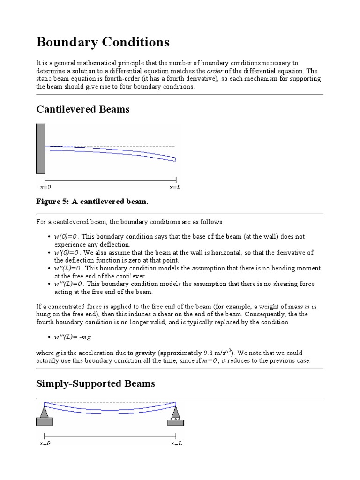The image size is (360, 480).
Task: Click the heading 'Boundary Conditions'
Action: pyautogui.click(x=103, y=43)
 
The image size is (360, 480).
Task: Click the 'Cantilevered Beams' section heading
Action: pyautogui.click(x=82, y=109)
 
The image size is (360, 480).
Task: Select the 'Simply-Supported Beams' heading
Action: pyautogui.click(x=96, y=384)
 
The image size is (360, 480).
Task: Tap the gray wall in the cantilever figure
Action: pyautogui.click(x=40, y=149)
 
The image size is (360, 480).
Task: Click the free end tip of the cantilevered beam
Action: pyautogui.click(x=175, y=159)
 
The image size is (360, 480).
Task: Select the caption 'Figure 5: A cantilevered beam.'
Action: pyautogui.click(x=92, y=201)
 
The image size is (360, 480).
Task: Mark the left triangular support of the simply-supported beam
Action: pyautogui.click(x=45, y=412)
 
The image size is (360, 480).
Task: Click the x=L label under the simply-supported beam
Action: pyautogui.click(x=176, y=443)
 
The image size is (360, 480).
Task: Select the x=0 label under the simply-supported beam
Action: pyautogui.click(x=45, y=443)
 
